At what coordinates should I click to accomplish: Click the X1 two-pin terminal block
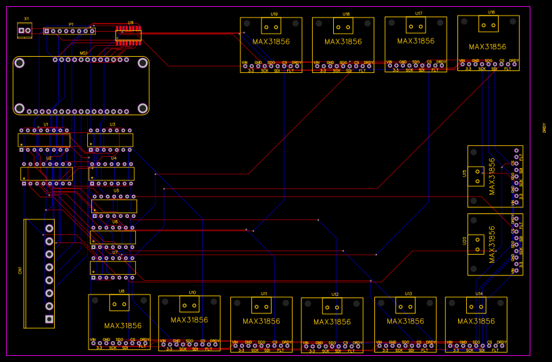[25, 30]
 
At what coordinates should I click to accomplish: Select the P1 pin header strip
[70, 30]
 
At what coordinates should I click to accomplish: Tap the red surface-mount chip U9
[128, 34]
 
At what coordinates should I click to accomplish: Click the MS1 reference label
[84, 53]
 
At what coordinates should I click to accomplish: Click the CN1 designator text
[20, 270]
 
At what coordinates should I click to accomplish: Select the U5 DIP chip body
[114, 206]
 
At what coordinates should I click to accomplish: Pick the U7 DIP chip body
[114, 268]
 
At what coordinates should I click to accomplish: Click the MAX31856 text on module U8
[122, 326]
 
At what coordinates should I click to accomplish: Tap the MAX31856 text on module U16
[487, 47]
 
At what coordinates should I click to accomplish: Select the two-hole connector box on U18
[343, 27]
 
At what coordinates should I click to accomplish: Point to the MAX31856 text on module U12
[331, 322]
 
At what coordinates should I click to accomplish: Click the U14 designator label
[479, 294]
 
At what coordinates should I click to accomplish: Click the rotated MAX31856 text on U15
[492, 176]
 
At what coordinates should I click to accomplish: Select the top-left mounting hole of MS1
[21, 63]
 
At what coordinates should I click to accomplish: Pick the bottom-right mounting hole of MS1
[143, 108]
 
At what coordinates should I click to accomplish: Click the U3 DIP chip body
[110, 140]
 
